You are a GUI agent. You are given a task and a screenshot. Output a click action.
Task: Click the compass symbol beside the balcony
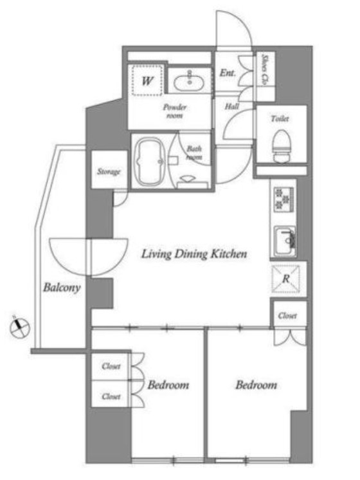click(19, 327)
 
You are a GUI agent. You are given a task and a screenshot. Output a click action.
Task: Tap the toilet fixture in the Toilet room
click(281, 145)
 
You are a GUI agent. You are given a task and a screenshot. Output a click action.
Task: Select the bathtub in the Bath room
click(150, 162)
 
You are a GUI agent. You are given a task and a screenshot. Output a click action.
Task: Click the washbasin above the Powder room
click(189, 81)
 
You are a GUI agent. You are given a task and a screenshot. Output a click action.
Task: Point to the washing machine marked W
click(147, 81)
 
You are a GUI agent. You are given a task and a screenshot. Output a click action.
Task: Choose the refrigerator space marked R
click(286, 279)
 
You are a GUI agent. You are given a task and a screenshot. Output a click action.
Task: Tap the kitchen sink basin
click(285, 241)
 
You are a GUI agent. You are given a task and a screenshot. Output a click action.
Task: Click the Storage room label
click(109, 172)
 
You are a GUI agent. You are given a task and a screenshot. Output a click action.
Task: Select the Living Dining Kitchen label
click(194, 254)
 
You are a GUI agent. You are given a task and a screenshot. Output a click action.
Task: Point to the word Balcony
click(62, 287)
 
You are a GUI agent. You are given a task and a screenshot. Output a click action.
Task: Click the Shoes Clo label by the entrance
click(265, 69)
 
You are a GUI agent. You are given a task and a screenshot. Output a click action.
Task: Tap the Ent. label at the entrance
click(228, 73)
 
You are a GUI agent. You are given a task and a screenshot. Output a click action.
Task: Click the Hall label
click(232, 106)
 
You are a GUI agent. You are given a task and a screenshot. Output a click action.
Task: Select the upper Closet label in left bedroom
click(111, 366)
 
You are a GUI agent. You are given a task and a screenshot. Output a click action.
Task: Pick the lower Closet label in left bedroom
click(111, 396)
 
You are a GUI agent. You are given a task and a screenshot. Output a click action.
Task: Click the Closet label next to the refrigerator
click(287, 315)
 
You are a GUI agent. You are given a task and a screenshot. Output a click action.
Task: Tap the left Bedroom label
click(168, 385)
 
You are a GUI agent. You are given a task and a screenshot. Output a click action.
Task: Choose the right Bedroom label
click(256, 385)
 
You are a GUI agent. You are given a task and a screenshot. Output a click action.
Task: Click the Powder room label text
click(175, 111)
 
